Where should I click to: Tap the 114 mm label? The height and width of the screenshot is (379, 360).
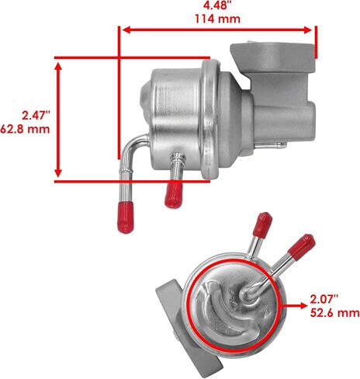(x=217, y=19)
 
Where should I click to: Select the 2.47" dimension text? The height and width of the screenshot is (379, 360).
(x=36, y=116)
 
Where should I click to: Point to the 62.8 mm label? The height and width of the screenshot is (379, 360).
(x=25, y=129)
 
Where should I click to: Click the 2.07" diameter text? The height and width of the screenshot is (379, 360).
(x=324, y=299)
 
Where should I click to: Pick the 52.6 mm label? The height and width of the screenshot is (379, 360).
(x=335, y=313)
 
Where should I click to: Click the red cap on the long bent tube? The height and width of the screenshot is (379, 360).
(x=126, y=217)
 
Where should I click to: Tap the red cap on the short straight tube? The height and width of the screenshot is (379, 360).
(x=174, y=195)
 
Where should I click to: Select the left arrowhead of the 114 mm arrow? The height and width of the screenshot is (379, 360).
(x=126, y=30)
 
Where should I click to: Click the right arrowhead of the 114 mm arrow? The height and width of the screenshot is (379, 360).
(x=309, y=30)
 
